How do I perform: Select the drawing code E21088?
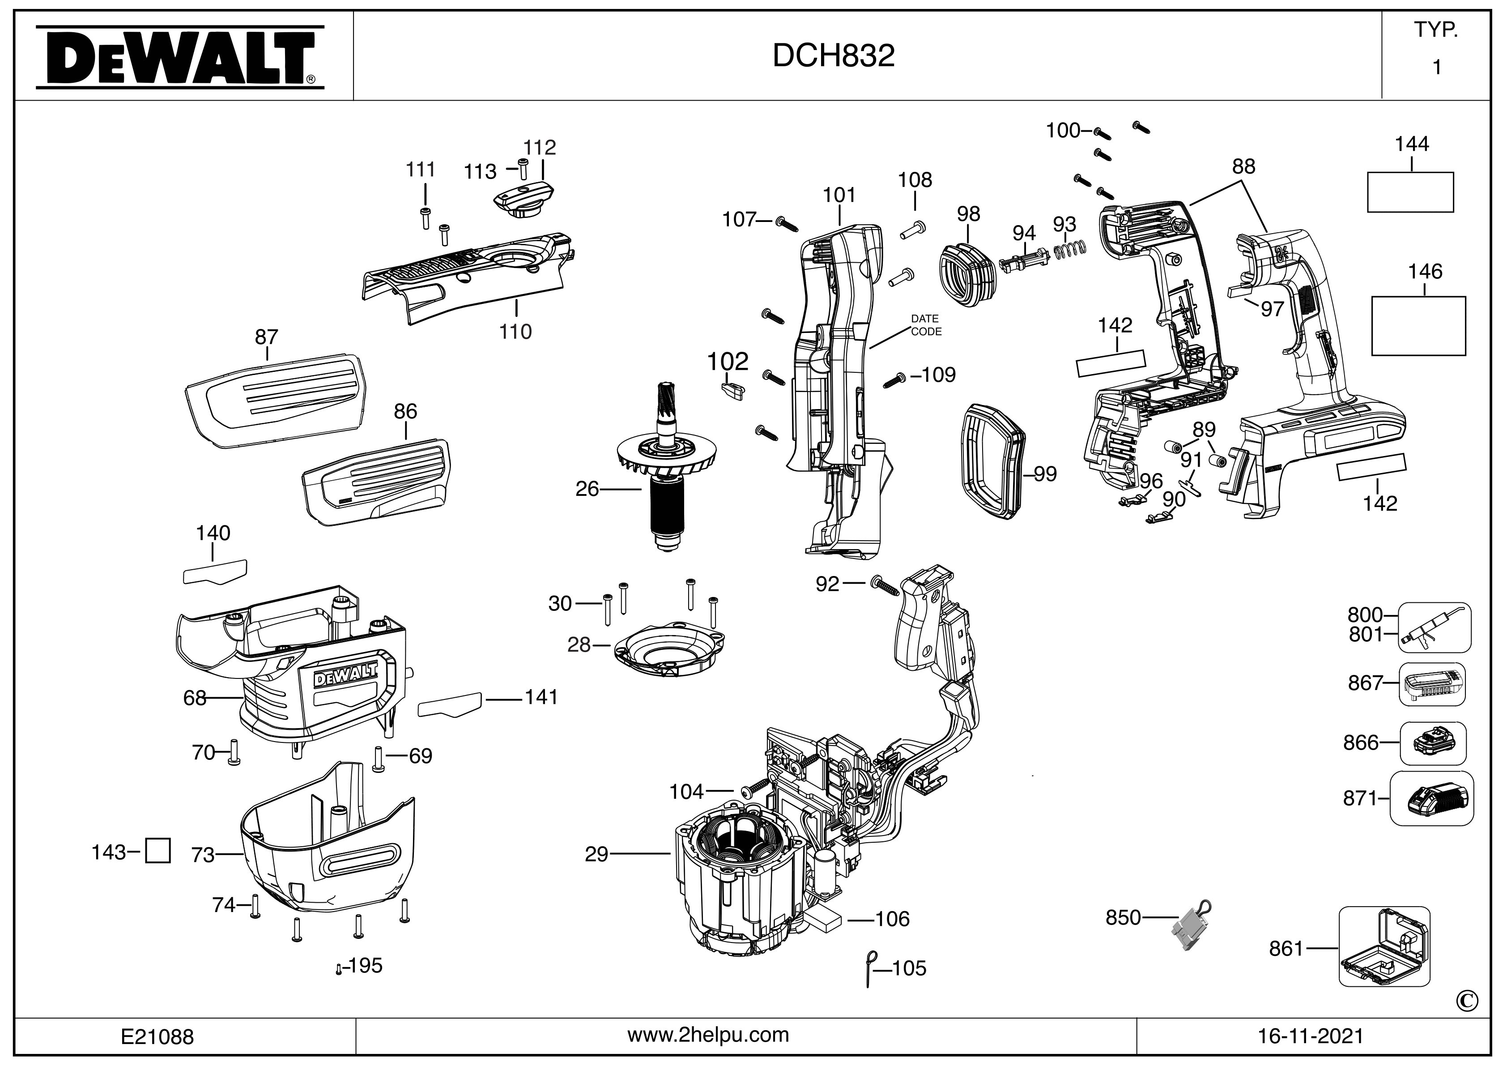pos(158,1036)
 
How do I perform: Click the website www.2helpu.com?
pos(708,1035)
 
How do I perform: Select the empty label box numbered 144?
pos(1410,192)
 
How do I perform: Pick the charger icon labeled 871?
pos(1432,799)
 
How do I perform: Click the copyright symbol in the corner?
pos(1468,1001)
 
